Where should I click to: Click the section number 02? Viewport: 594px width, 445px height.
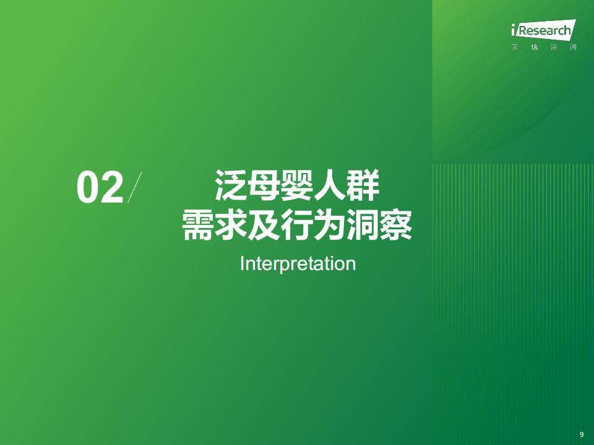[100, 187]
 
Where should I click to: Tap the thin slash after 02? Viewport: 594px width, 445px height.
[134, 187]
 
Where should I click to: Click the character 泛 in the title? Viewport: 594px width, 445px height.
[230, 185]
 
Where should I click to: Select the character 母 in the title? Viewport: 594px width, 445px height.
[264, 185]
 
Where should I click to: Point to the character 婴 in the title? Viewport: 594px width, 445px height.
[296, 185]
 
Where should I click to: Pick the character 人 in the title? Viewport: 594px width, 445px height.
[330, 185]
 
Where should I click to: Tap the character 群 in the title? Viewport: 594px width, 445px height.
[363, 185]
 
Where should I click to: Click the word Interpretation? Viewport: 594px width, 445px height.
[298, 264]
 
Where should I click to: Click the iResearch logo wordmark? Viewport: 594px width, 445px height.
[543, 29]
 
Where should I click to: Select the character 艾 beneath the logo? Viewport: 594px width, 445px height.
[514, 48]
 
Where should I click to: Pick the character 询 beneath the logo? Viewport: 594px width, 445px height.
[573, 48]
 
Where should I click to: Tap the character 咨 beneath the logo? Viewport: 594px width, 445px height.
[554, 48]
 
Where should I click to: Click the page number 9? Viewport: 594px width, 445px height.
[582, 434]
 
